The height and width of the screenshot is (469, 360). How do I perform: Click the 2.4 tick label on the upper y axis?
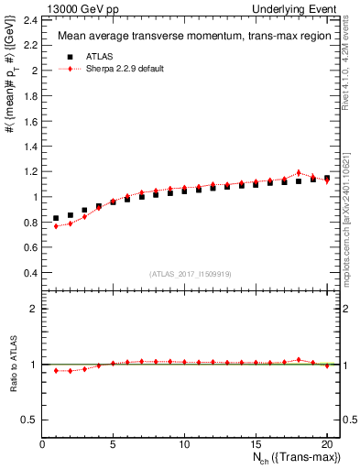click(x=29, y=19)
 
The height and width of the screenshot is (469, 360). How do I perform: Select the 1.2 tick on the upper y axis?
click(x=29, y=171)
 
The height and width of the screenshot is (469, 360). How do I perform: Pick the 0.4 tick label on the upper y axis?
click(x=29, y=272)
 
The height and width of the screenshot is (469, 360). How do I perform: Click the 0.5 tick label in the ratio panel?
click(x=29, y=420)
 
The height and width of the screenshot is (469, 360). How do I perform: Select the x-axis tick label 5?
click(x=113, y=445)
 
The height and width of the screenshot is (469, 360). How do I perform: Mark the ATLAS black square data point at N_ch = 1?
click(x=56, y=219)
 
